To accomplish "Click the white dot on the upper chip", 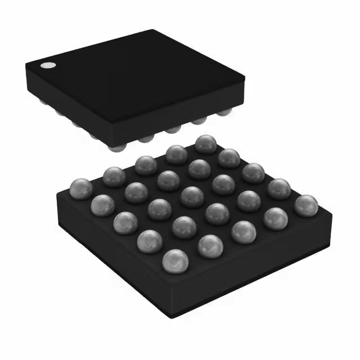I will point(48,65).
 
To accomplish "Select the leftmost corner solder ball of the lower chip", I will point(81,188).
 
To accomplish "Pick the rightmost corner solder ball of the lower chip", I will point(305,205).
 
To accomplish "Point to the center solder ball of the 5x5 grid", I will point(192,196).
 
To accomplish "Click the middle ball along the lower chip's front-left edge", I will point(125,223).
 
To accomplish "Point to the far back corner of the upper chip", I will point(152,31).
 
